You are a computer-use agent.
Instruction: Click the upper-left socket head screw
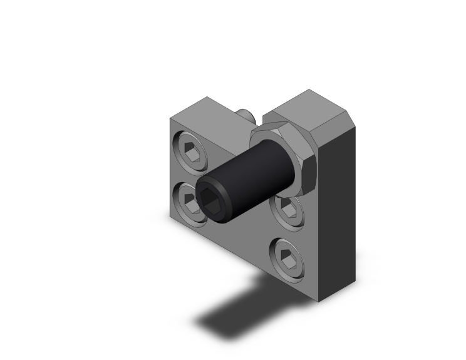point(191,150)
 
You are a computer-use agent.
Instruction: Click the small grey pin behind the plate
point(245,115)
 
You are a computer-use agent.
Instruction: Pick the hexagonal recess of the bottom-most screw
point(288,255)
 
